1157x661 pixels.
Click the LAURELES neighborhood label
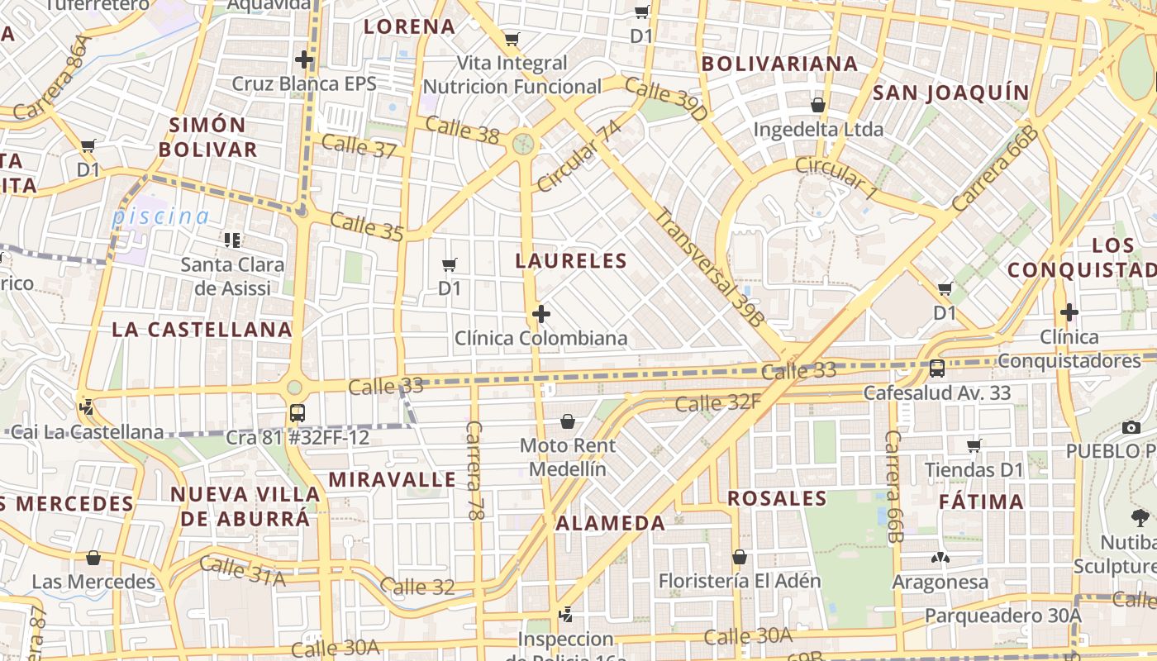coord(571,261)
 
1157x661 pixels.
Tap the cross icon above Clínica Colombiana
coord(541,314)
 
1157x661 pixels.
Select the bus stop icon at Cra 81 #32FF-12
coord(298,413)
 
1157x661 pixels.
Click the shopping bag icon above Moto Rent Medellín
coord(568,421)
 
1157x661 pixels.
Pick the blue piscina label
coord(161,217)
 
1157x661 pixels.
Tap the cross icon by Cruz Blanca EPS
coord(304,59)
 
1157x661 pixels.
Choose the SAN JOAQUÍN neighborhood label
coord(951,93)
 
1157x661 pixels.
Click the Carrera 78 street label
coord(474,471)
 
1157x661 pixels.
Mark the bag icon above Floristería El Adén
coord(740,557)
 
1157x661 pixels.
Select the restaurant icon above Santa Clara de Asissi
coord(232,240)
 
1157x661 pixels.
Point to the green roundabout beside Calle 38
coord(522,144)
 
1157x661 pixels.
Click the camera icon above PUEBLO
coord(1131,427)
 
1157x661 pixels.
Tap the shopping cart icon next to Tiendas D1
coord(974,446)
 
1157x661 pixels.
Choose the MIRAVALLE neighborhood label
coord(392,480)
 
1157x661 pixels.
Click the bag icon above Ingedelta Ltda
coord(818,105)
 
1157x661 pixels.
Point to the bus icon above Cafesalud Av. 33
coord(937,368)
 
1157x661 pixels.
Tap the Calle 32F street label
coord(718,403)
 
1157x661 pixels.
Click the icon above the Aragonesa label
coord(940,558)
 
